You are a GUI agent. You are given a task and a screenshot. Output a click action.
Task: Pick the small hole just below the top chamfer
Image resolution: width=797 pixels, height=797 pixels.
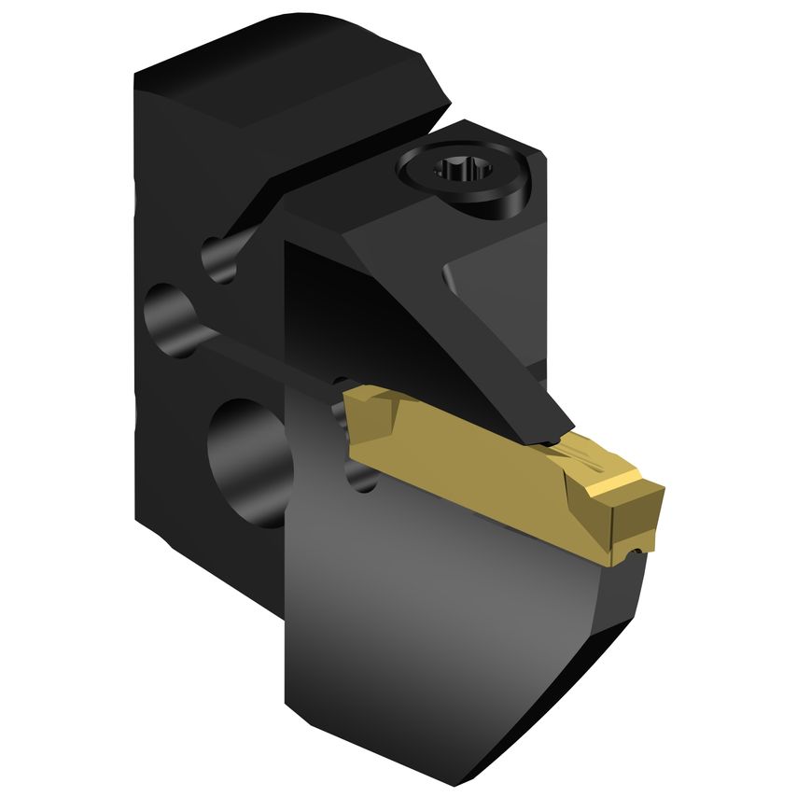click(x=220, y=256)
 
